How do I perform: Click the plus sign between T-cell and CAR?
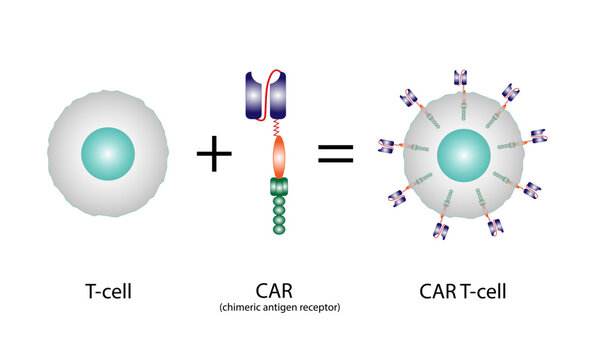pyautogui.click(x=213, y=153)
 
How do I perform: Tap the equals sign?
pyautogui.click(x=335, y=154)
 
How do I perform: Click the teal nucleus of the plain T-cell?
pyautogui.click(x=107, y=153)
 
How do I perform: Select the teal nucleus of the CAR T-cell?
pyautogui.click(x=462, y=154)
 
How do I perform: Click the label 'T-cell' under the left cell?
pyautogui.click(x=107, y=293)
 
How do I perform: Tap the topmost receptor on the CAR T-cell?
pyautogui.click(x=461, y=77)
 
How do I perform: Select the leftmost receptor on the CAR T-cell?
pyautogui.click(x=386, y=147)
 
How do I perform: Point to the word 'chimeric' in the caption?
pyautogui.click(x=244, y=308)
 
